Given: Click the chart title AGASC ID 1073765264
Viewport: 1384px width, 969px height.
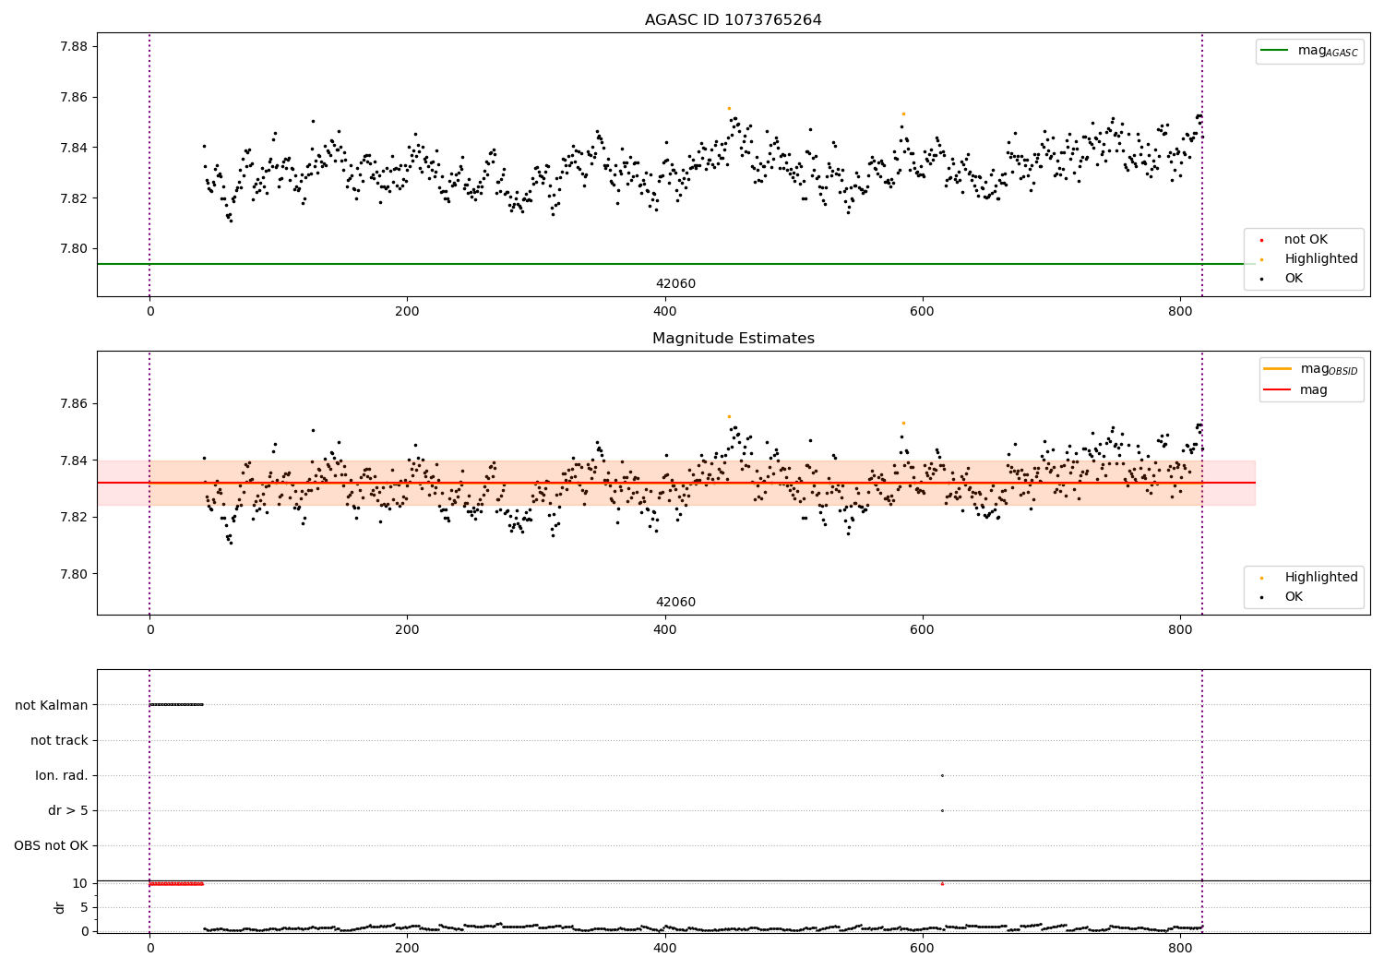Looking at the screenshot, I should [x=733, y=20].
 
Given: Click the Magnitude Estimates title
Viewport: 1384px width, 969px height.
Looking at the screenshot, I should [x=733, y=339].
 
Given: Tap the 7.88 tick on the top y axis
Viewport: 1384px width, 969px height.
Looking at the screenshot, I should [x=73, y=47].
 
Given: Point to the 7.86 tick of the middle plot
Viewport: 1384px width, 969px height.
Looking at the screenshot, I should [x=73, y=404].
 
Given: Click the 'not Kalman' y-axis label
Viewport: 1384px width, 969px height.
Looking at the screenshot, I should [x=52, y=705].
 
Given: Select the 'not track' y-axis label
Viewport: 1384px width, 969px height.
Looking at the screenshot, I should [x=59, y=740].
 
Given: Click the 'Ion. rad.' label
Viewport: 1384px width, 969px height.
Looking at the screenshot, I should [x=62, y=775].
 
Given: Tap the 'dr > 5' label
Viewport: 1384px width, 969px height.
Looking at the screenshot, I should [x=68, y=810].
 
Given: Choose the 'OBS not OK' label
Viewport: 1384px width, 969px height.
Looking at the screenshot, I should [x=51, y=845].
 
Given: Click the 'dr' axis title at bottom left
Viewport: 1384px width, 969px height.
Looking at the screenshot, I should [x=60, y=907].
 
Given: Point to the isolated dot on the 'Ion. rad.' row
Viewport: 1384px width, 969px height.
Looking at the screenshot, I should [x=942, y=775].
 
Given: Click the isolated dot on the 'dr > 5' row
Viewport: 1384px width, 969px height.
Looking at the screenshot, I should [x=942, y=810].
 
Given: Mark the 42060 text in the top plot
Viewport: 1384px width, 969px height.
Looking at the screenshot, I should [x=675, y=284].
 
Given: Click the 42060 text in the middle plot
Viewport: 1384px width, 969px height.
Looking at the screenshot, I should [x=675, y=603].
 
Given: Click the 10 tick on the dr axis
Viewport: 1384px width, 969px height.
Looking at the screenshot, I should [x=79, y=883].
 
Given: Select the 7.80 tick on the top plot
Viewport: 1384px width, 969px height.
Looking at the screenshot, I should [x=73, y=248].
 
